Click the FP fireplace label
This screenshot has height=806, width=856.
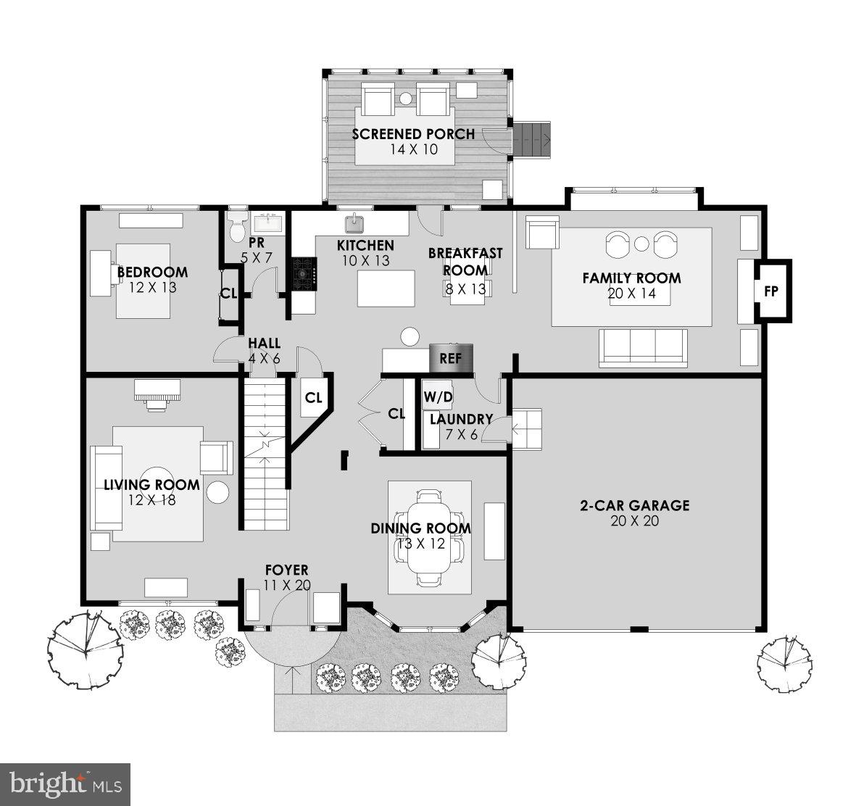770,291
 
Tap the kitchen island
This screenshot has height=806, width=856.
386,289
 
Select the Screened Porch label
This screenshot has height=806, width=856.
413,134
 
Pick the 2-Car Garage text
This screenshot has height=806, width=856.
634,505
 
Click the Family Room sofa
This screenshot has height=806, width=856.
642,346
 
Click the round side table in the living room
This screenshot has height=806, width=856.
217,492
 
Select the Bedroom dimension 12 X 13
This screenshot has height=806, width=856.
153,288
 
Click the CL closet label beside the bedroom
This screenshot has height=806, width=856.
229,294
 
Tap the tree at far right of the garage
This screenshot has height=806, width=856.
784,661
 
